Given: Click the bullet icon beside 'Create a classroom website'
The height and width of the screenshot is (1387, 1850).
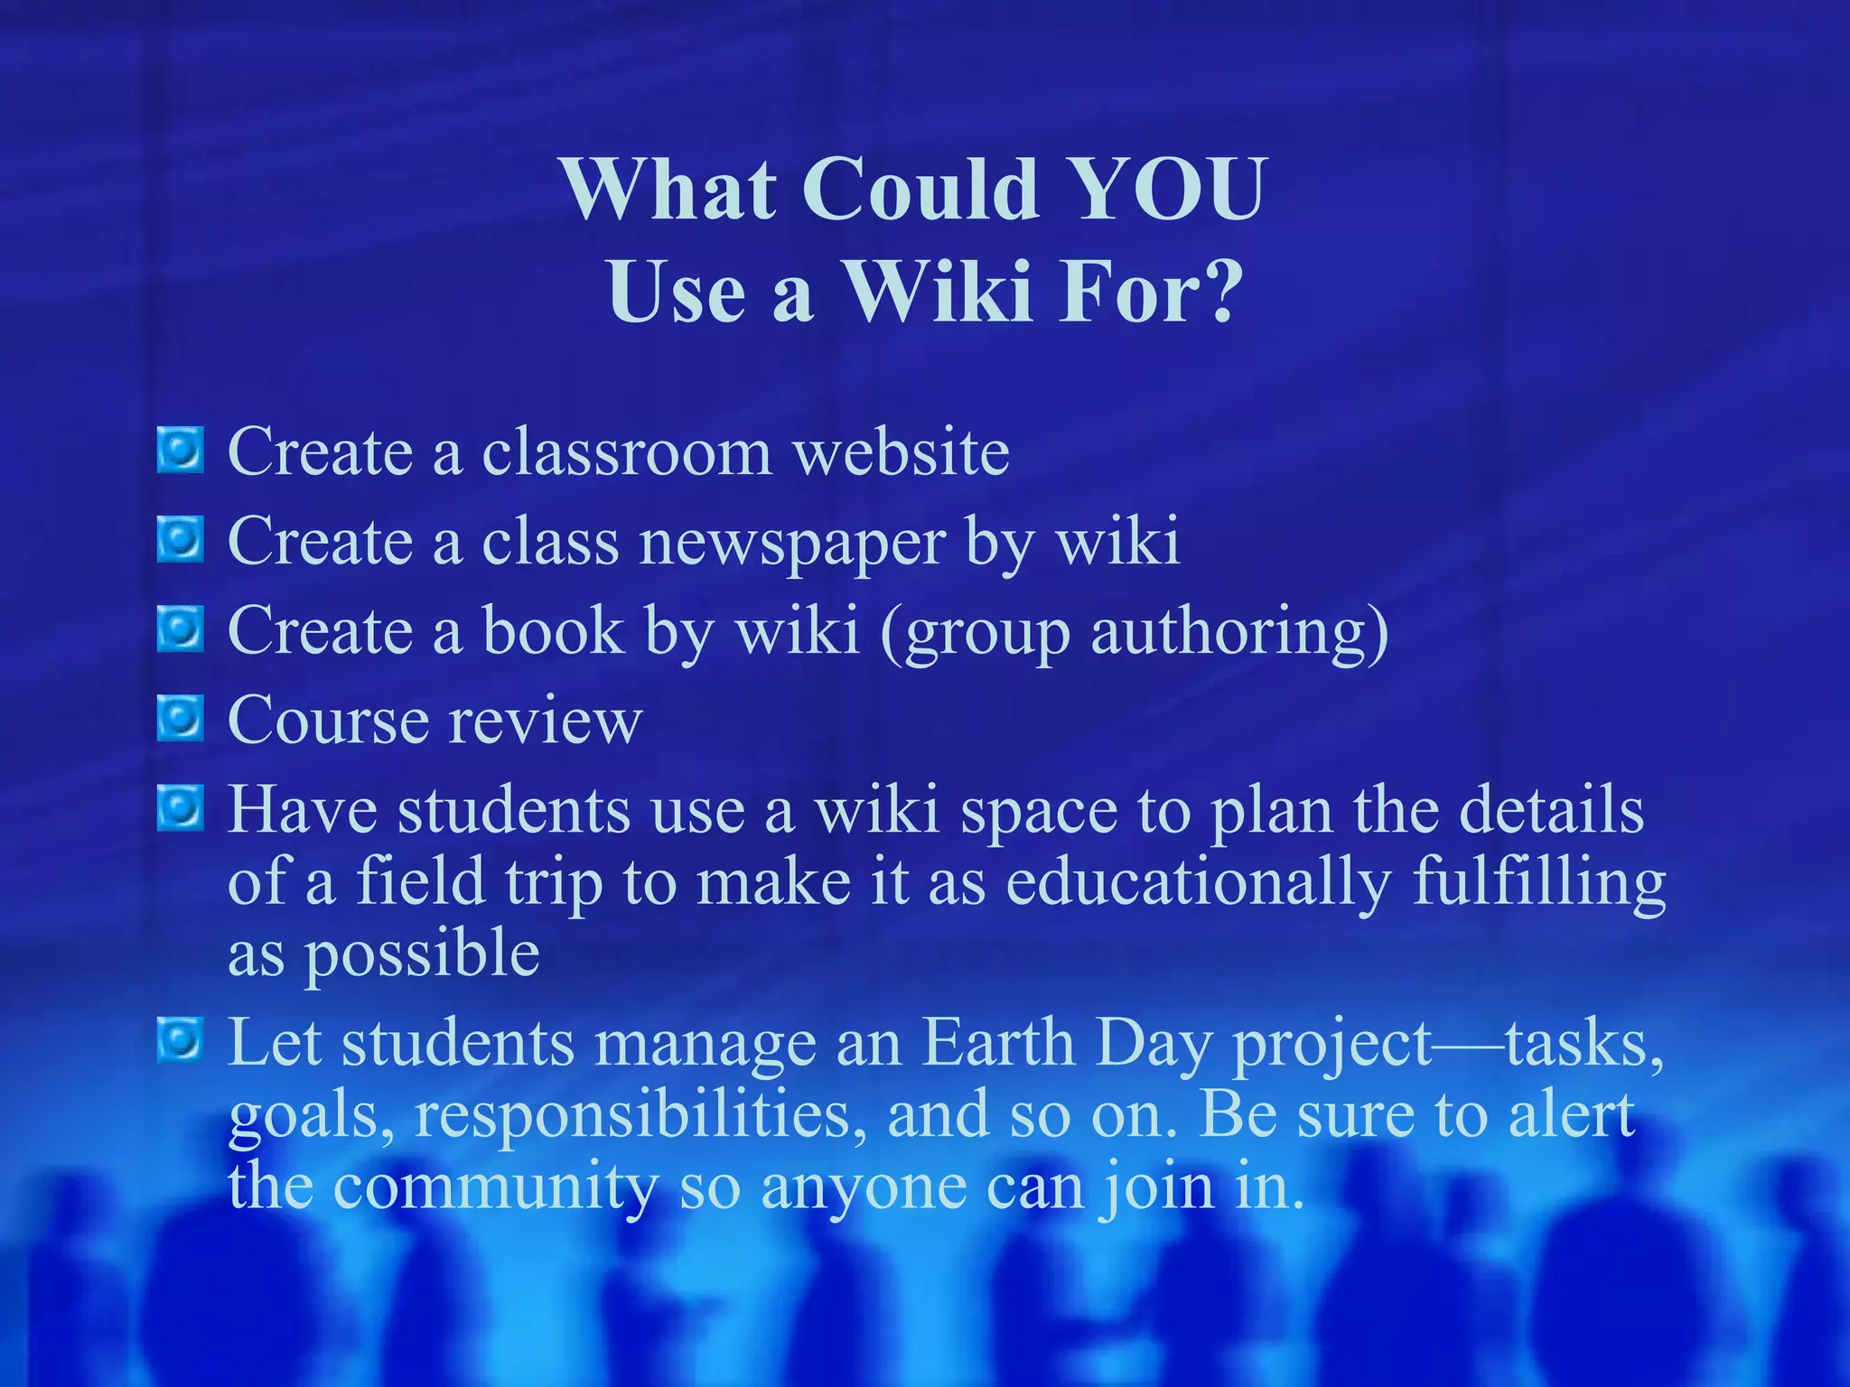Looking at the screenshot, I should tap(181, 451).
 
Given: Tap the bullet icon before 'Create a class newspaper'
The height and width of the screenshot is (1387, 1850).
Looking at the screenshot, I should tap(181, 539).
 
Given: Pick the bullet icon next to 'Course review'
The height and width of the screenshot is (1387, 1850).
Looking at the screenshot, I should tap(181, 718).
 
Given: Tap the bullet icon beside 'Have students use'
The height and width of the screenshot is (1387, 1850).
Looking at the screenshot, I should tap(181, 806).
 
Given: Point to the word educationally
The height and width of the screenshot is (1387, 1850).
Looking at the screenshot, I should tap(1198, 883).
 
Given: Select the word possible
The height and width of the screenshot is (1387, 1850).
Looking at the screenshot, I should tap(421, 955).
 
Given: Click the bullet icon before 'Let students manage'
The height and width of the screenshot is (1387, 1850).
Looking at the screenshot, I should tap(181, 1039).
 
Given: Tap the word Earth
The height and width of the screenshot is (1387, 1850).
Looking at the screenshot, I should tap(999, 1044).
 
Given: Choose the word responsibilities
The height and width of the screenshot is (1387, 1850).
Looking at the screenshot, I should tap(632, 1116).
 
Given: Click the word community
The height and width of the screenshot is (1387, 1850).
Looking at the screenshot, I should tap(495, 1187).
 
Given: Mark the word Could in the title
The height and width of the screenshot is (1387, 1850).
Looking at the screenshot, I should tap(921, 190).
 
